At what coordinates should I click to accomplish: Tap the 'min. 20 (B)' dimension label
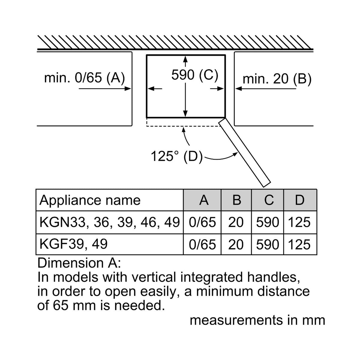[277, 79]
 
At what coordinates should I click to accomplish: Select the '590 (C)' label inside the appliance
[195, 75]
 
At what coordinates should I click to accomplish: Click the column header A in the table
[204, 200]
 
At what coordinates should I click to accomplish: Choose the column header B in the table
[237, 200]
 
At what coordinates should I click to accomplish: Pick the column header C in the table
[269, 200]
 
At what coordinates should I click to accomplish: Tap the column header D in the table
[300, 200]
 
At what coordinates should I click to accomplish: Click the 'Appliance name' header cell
[90, 200]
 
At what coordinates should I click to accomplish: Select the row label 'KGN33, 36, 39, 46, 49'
[110, 222]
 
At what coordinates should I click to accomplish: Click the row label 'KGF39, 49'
[73, 244]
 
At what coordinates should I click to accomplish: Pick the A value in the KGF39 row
[202, 244]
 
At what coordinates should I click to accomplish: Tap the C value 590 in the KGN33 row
[268, 222]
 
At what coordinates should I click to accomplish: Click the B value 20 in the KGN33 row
[236, 222]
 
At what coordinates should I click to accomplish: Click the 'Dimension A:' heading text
[79, 263]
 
